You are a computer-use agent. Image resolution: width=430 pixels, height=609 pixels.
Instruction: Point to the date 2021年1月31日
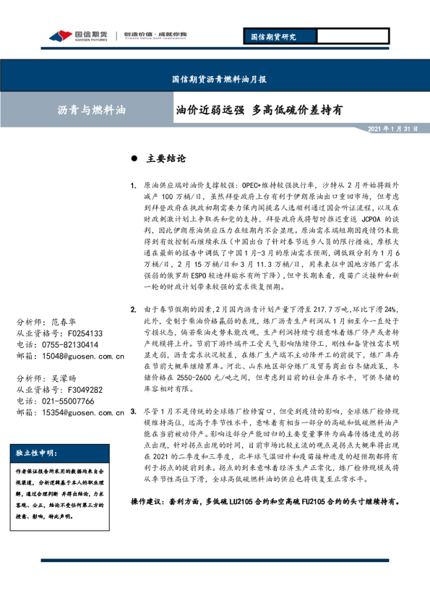[x=394, y=129]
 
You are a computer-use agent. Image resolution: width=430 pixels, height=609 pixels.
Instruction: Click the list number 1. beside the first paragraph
[x=134, y=186]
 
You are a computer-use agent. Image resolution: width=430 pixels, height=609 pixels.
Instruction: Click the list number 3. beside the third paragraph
[x=134, y=411]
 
